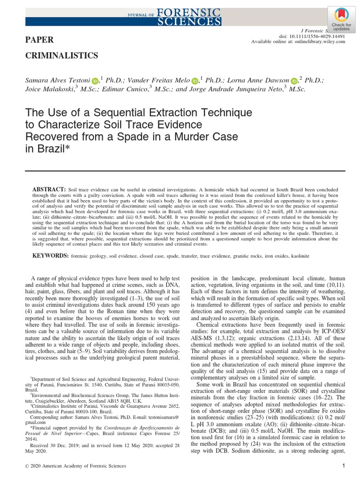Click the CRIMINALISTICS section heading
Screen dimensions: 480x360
[61, 56]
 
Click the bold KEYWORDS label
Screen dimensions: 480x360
[50, 257]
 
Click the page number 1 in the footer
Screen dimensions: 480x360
[344, 466]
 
